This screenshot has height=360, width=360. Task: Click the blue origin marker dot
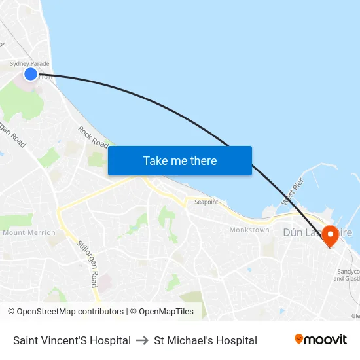(30, 74)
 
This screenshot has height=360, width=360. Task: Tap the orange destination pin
(330, 236)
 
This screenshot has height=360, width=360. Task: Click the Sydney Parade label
(29, 64)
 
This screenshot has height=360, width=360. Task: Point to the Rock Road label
(92, 136)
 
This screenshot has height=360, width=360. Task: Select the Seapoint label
(206, 202)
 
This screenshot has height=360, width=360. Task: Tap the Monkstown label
(249, 230)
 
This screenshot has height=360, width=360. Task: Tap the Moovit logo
(320, 339)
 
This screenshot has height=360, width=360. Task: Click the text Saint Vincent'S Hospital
(71, 340)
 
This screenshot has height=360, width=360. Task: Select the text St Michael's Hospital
(205, 340)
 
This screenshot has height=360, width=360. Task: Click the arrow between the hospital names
(142, 340)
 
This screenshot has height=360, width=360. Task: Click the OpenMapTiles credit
(162, 312)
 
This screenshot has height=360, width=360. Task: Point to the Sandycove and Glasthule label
(348, 275)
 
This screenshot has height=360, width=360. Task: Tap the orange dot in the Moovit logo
(299, 338)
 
